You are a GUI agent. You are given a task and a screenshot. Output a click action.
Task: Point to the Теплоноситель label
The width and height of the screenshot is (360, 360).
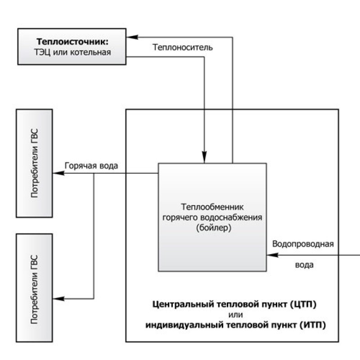tap(182, 47)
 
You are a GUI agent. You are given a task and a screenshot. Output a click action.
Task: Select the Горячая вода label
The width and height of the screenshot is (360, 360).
tap(92, 165)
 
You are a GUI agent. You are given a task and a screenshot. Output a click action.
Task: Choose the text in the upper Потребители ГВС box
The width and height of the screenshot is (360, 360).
tap(35, 163)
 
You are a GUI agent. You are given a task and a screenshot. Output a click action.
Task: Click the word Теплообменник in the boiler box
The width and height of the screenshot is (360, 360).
tap(212, 207)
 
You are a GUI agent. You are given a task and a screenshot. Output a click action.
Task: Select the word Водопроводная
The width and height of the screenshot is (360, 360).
tap(303, 244)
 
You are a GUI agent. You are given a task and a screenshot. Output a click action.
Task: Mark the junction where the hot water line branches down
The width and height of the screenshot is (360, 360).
tap(94, 172)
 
